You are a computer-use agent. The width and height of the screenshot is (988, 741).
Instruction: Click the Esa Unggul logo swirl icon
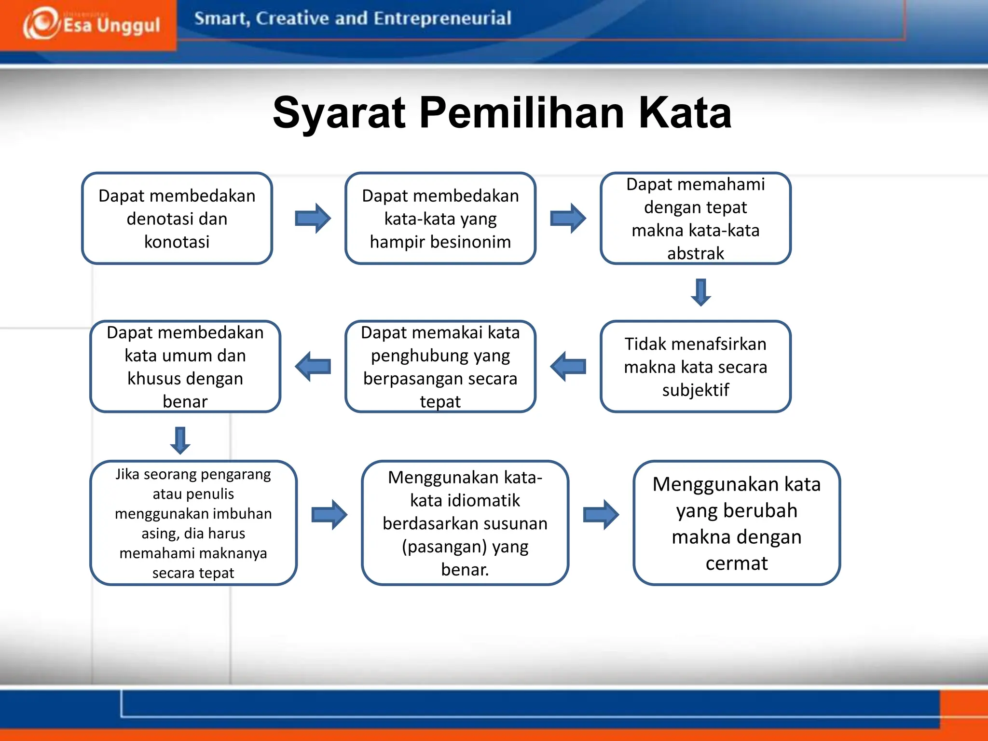tap(41, 23)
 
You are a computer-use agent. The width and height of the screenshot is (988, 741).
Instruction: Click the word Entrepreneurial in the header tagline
tap(442, 18)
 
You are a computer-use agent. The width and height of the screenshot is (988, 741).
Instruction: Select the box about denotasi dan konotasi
tap(177, 219)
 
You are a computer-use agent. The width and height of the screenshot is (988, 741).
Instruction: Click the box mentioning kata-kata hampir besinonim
tap(440, 219)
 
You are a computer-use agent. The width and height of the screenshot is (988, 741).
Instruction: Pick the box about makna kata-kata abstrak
tap(695, 219)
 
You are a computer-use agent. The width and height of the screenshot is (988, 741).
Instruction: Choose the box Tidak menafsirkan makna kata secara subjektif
tap(695, 367)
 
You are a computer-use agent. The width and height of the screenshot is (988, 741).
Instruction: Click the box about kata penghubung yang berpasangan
tap(440, 367)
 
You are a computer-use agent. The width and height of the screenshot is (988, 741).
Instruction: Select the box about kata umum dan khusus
tap(185, 367)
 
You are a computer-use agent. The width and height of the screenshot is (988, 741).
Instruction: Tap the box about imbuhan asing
tap(193, 523)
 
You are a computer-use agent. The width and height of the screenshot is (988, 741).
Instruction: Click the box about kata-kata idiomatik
tap(465, 523)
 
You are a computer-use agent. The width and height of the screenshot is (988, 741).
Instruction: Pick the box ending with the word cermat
tap(736, 523)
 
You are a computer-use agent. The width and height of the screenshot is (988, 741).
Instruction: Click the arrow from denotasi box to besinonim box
tap(313, 219)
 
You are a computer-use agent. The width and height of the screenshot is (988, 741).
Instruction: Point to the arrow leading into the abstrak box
tap(568, 219)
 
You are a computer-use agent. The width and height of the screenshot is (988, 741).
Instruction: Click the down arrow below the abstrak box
tap(700, 292)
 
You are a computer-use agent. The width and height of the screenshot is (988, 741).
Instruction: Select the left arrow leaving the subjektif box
tap(568, 367)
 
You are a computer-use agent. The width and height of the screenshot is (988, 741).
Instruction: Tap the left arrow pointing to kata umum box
tap(313, 367)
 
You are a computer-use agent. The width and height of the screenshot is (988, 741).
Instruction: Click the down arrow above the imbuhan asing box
tap(180, 440)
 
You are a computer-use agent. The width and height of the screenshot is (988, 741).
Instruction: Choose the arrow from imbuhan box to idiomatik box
tap(329, 515)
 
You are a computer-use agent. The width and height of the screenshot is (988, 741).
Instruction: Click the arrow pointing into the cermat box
tap(601, 515)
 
